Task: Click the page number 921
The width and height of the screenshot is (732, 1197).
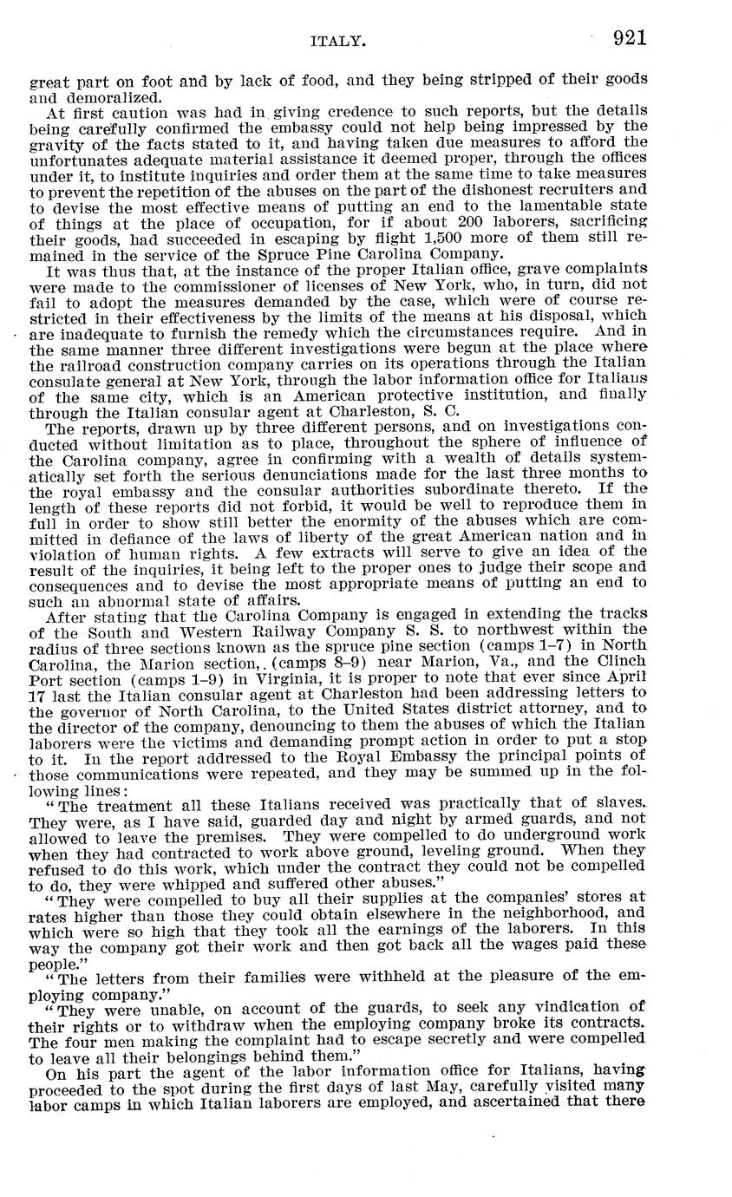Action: (x=629, y=38)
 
